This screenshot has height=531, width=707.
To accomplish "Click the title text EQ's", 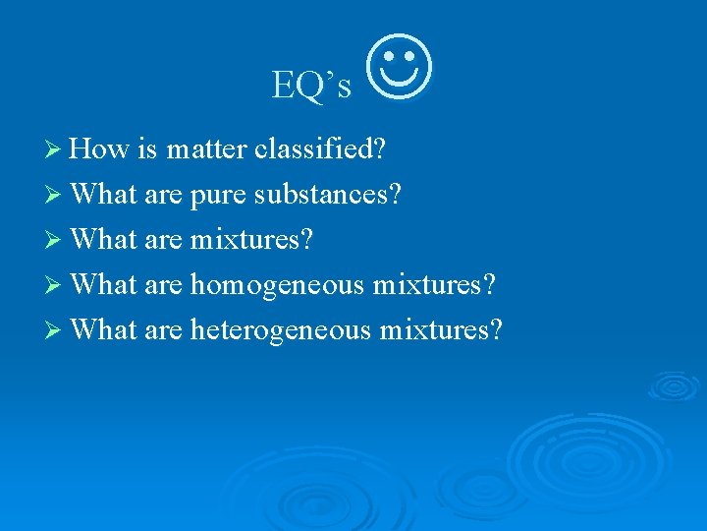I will point(311,87).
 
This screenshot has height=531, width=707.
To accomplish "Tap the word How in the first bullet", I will point(100,149).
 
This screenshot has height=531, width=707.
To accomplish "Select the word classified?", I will point(319,149).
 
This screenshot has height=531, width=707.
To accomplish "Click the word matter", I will point(207,149).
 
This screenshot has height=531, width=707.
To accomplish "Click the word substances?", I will point(328,195).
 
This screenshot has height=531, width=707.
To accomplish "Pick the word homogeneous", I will point(277,285).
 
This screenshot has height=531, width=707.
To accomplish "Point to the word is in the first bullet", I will point(148,149).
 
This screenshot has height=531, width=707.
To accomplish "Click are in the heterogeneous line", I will point(163,330).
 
